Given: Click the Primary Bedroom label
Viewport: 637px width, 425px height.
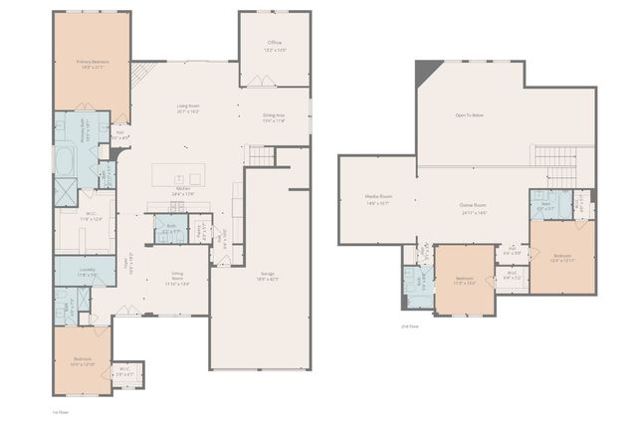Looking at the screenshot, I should (x=92, y=63).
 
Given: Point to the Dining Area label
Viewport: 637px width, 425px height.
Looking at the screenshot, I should (x=276, y=118).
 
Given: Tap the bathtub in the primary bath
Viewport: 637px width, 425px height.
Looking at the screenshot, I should (x=63, y=160).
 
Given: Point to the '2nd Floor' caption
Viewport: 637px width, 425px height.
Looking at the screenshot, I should (x=410, y=326).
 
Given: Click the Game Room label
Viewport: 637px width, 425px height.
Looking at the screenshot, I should (x=472, y=208).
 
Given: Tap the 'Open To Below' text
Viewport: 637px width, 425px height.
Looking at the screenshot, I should (x=470, y=116).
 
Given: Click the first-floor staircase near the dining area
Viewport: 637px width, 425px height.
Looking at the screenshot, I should (x=260, y=155).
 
